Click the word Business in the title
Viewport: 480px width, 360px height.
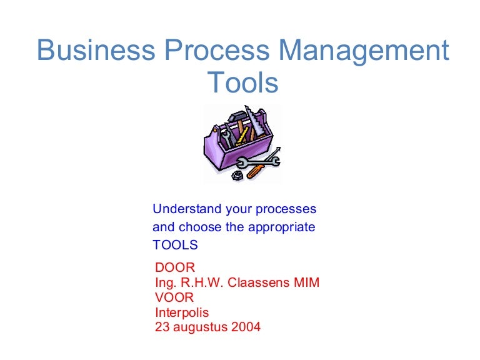[x=96, y=49]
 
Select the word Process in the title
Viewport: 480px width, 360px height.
[x=217, y=49]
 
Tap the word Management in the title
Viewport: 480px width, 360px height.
[x=364, y=52]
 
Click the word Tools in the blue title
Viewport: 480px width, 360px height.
[x=242, y=82]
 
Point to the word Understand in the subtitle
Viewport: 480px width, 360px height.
[x=187, y=209]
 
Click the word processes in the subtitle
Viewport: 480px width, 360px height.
[x=286, y=210]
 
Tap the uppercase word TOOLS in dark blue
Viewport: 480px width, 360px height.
[x=175, y=245]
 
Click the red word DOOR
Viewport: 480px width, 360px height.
[x=175, y=267]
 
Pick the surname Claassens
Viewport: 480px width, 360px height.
[x=259, y=282]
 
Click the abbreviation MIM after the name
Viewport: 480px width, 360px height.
[x=306, y=282]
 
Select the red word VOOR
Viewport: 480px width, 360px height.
[x=174, y=297]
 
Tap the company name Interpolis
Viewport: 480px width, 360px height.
[x=182, y=313]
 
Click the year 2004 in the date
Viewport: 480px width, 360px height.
[x=246, y=327]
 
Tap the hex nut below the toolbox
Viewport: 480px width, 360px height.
[x=237, y=176]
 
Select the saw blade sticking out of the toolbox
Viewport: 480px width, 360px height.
[x=254, y=121]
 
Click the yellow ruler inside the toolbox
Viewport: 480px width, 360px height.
[x=242, y=136]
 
